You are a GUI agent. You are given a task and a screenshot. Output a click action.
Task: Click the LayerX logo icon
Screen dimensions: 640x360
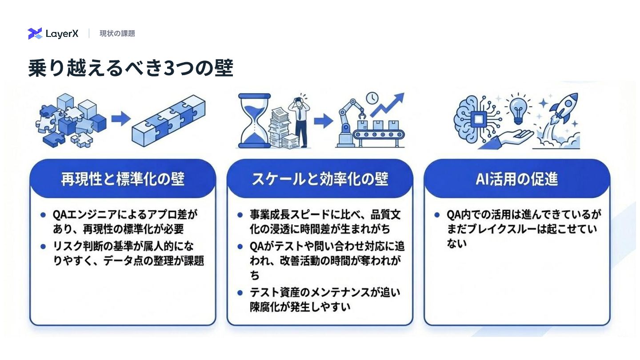point(35,33)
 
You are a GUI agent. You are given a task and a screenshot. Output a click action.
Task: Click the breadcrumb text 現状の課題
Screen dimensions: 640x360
point(117,33)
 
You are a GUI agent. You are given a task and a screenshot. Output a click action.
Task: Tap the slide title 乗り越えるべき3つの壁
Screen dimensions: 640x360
point(131,68)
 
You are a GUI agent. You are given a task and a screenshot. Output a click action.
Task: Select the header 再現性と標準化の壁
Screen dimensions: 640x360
point(123,179)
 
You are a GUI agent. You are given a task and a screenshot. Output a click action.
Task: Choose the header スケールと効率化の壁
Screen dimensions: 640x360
point(320,179)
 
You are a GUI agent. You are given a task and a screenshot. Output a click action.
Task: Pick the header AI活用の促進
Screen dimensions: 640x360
point(517,179)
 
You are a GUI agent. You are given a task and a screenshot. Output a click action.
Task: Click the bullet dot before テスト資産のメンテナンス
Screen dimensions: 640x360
point(240,292)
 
